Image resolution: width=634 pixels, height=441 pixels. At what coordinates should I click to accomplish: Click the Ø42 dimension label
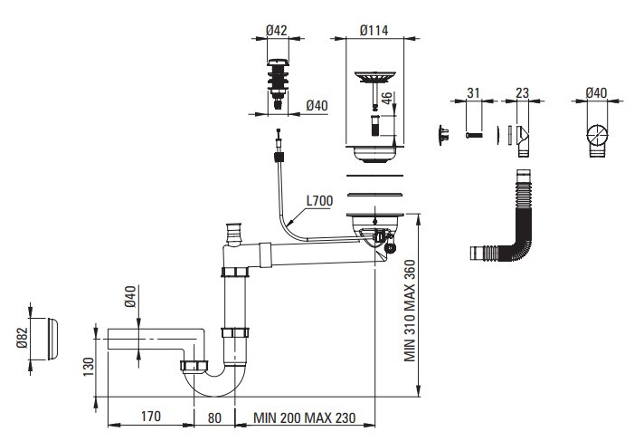pyautogui.click(x=279, y=29)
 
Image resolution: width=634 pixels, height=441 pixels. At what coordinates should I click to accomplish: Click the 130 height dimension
pyautogui.click(x=88, y=367)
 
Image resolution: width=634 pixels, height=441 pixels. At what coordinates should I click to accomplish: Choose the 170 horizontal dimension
pyautogui.click(x=151, y=417)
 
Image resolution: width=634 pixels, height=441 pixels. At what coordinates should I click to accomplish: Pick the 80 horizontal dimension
pyautogui.click(x=214, y=417)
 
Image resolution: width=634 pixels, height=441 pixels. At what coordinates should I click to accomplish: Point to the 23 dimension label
pyautogui.click(x=523, y=92)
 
